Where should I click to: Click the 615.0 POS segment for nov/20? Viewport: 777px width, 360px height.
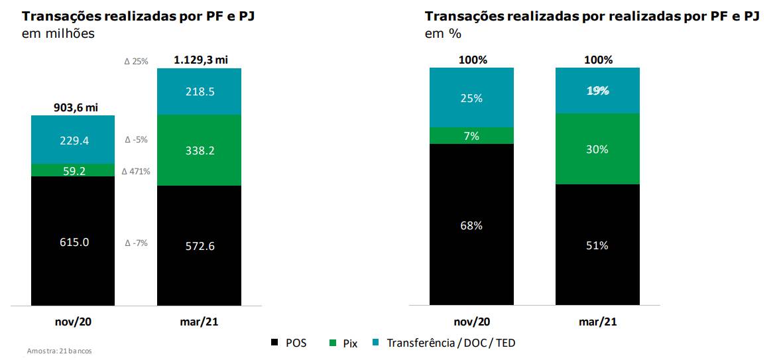[73, 242]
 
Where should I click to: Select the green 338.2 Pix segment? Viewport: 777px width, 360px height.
[199, 150]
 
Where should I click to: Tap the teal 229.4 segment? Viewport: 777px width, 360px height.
[73, 140]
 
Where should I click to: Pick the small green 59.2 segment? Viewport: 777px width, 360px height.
[73, 170]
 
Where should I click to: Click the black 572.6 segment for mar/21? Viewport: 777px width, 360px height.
[199, 245]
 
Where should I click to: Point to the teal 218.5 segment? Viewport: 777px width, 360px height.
[199, 91]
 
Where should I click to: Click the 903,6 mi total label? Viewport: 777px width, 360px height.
[73, 107]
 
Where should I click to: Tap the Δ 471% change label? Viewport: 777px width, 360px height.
[137, 172]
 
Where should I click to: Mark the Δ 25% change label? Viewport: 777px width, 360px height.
[136, 62]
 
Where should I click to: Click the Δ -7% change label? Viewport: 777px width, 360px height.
[136, 243]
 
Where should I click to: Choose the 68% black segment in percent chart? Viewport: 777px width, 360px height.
[471, 225]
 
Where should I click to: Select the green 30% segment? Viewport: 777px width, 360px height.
[598, 149]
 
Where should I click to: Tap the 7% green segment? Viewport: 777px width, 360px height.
[471, 136]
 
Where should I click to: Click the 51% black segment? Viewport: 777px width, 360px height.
[598, 245]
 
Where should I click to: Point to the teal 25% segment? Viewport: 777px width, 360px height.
[471, 98]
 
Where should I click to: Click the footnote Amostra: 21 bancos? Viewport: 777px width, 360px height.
[59, 351]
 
